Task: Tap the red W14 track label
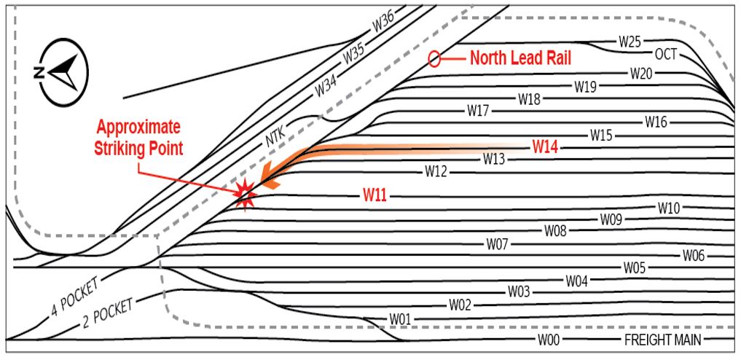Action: click(x=545, y=146)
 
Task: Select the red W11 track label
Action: click(x=376, y=195)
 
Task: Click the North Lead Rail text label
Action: click(x=520, y=58)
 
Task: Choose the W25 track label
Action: click(x=630, y=41)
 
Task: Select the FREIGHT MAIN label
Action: click(x=662, y=340)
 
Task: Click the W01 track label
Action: click(x=400, y=318)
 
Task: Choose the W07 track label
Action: click(x=496, y=243)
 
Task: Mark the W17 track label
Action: click(x=478, y=111)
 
